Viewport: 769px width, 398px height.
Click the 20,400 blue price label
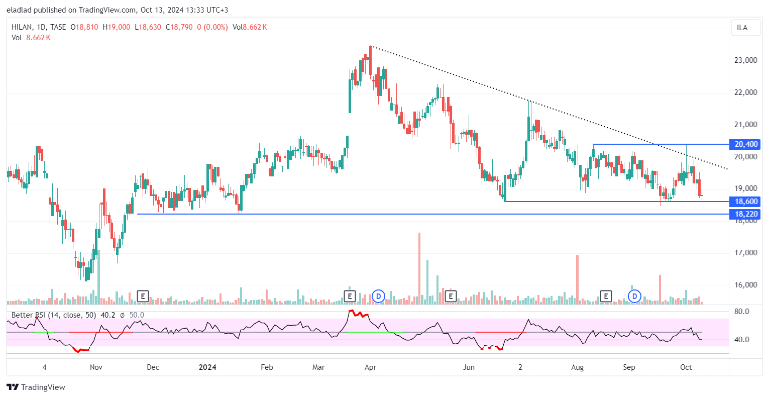pyautogui.click(x=746, y=144)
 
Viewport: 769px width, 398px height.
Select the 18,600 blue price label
pyautogui.click(x=746, y=202)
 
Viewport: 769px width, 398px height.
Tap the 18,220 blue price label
pyautogui.click(x=746, y=214)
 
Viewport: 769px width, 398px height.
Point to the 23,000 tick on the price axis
pyautogui.click(x=745, y=60)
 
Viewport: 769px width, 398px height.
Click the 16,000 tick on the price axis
pyautogui.click(x=745, y=285)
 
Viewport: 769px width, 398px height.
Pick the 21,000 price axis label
pyautogui.click(x=745, y=125)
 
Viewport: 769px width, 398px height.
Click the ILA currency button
pyautogui.click(x=742, y=28)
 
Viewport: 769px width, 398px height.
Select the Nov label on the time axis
pyautogui.click(x=96, y=367)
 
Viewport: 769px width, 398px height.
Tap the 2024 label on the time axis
pyautogui.click(x=207, y=367)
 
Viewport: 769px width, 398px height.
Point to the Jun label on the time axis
pyautogui.click(x=469, y=367)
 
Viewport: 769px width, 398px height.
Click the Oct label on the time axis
pyautogui.click(x=686, y=367)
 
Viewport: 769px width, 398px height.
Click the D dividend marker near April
pyautogui.click(x=378, y=296)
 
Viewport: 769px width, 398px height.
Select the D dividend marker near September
pyautogui.click(x=635, y=296)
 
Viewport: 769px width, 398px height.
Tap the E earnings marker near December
pyautogui.click(x=143, y=296)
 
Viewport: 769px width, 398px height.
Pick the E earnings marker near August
pyautogui.click(x=606, y=296)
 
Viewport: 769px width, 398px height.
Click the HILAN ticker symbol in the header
pyautogui.click(x=22, y=27)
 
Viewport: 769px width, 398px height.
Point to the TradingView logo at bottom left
pyautogui.click(x=36, y=387)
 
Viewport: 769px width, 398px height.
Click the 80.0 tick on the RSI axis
pyautogui.click(x=741, y=312)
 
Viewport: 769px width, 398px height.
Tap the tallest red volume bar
pyautogui.click(x=419, y=268)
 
